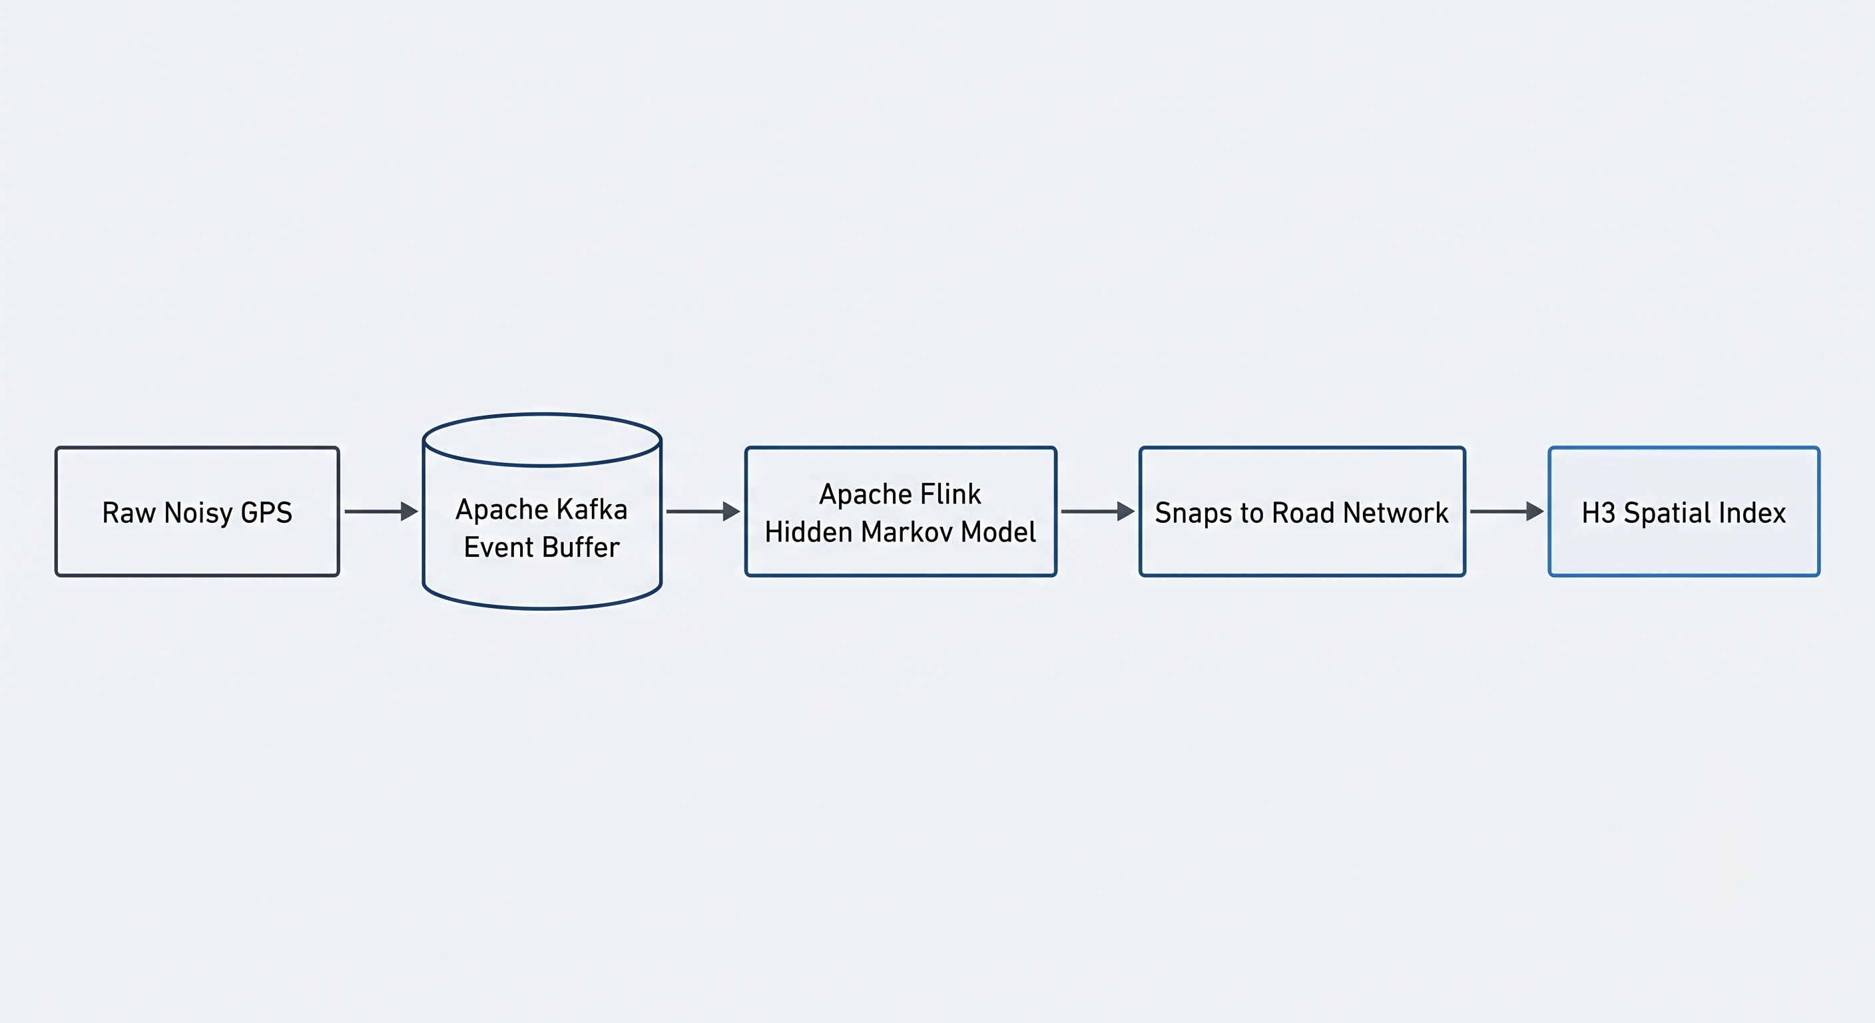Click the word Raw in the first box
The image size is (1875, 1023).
tap(129, 513)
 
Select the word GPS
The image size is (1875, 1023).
tap(266, 513)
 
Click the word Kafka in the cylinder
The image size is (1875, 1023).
tap(591, 509)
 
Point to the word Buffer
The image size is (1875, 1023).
tap(581, 547)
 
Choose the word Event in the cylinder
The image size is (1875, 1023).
tap(499, 547)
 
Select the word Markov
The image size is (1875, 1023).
tap(907, 532)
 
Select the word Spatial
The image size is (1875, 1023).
tap(1671, 514)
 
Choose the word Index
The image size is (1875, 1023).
tap(1756, 513)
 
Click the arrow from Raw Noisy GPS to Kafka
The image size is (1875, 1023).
tap(382, 512)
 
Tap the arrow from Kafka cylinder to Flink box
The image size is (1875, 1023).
tap(703, 512)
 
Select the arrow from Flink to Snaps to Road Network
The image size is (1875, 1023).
tap(1097, 512)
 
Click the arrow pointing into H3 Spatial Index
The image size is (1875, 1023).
tap(1507, 512)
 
